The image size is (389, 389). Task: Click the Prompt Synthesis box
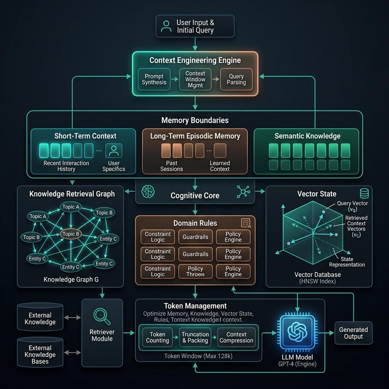click(154, 79)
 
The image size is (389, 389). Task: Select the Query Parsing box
click(236, 79)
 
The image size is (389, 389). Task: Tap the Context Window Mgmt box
click(195, 79)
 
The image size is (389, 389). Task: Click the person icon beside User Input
click(166, 26)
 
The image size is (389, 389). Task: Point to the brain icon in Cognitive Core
click(148, 191)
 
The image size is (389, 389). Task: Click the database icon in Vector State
click(364, 193)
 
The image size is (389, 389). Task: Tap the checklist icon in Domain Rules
click(246, 223)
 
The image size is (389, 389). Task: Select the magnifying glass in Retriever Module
click(102, 316)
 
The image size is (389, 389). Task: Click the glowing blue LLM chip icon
click(297, 332)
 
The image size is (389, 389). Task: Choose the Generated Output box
click(353, 333)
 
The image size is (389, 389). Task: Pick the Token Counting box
click(158, 337)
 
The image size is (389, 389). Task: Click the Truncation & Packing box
click(195, 337)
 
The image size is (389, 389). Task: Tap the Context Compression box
click(236, 337)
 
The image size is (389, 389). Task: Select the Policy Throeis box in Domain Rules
click(196, 271)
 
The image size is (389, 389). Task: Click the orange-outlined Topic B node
click(71, 234)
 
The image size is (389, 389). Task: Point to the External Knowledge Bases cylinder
click(40, 352)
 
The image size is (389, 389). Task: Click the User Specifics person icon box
click(114, 150)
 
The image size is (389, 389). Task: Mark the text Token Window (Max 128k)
click(198, 356)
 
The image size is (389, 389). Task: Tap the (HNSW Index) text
click(318, 281)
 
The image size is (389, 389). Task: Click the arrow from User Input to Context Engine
click(195, 44)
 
